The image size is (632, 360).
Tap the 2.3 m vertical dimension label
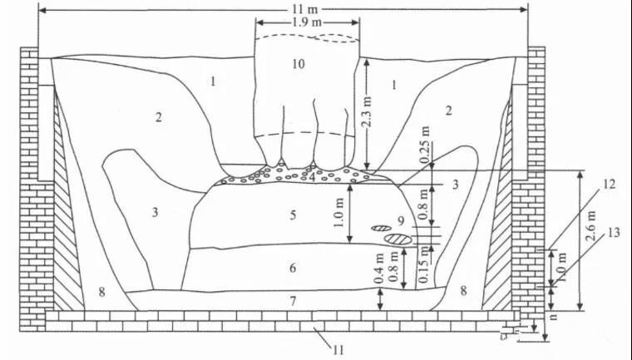(x=372, y=111)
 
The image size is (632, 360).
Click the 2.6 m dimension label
(x=591, y=237)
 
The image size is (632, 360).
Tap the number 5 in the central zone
(x=293, y=215)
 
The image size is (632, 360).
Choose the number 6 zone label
(x=293, y=268)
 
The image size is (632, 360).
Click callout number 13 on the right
(x=614, y=234)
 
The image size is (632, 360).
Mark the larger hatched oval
(x=400, y=239)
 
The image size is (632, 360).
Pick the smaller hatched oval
(x=381, y=227)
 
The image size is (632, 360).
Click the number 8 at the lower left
(x=101, y=291)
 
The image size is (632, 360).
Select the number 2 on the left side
(x=158, y=116)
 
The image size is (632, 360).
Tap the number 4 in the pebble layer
(x=311, y=175)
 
